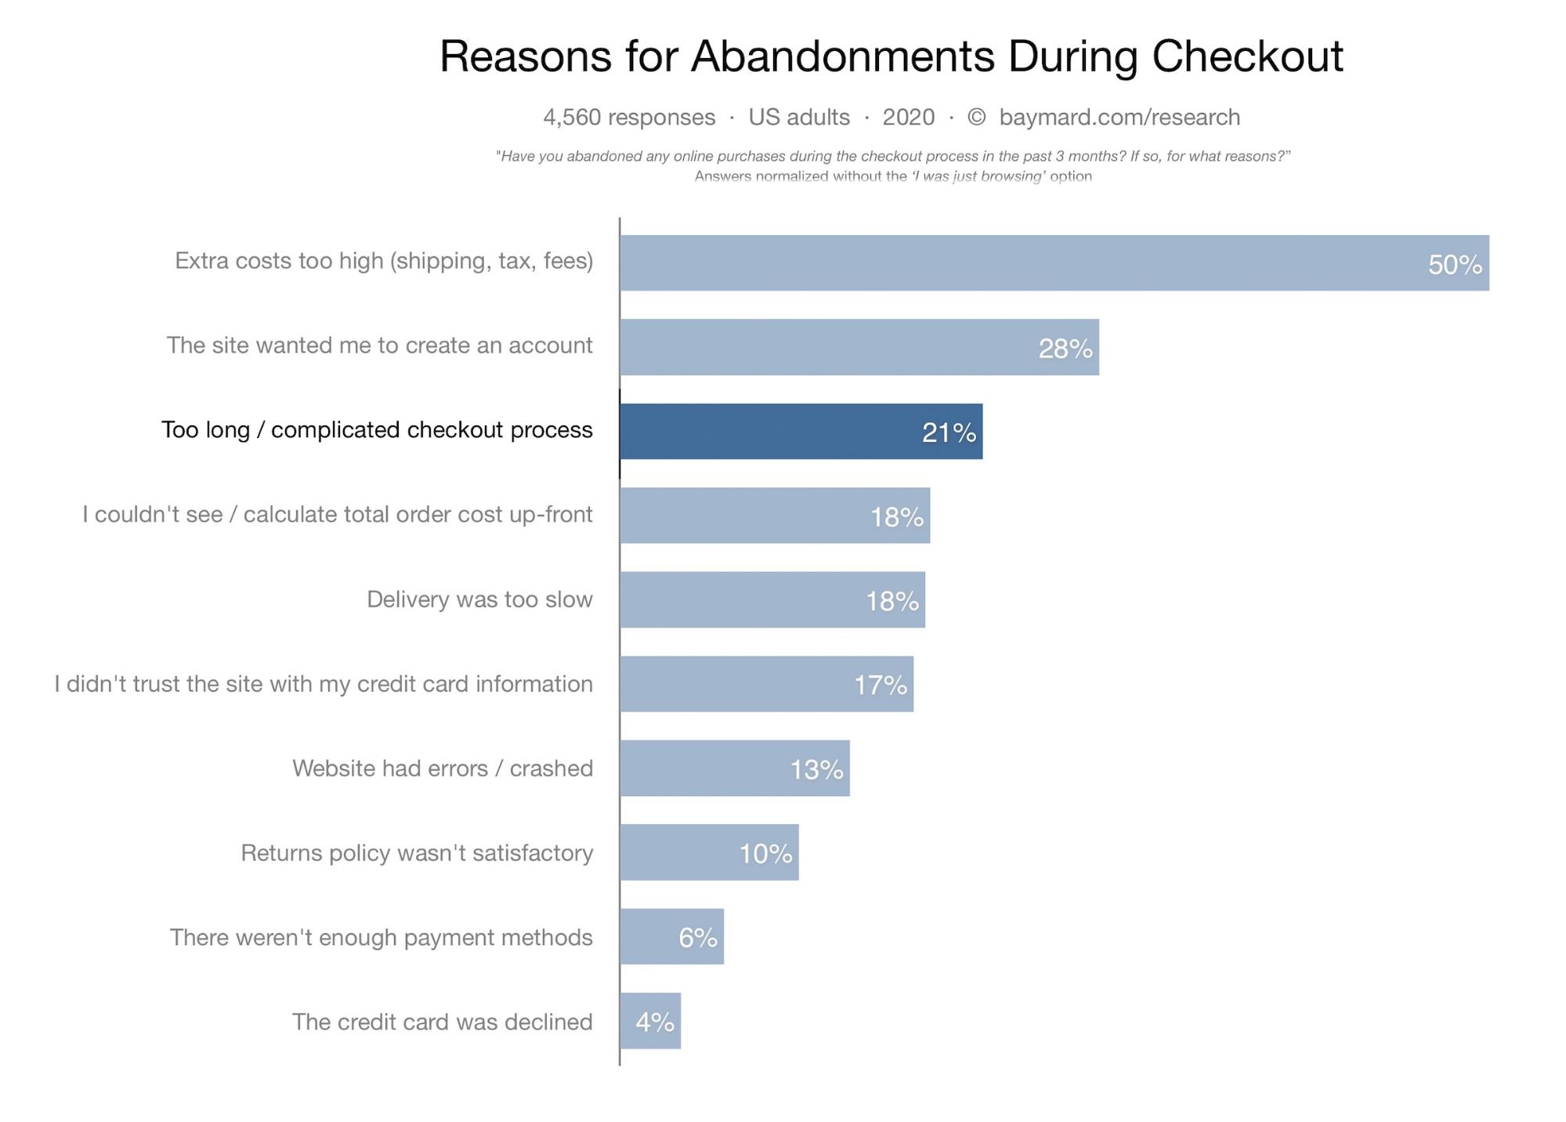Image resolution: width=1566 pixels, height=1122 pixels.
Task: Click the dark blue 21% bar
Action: [801, 432]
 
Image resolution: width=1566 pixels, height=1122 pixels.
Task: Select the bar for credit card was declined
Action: [650, 1021]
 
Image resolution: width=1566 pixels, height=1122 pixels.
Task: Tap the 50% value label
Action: [1455, 265]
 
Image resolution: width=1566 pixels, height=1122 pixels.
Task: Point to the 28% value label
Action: [1065, 349]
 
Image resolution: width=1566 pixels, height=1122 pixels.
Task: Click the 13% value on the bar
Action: [816, 769]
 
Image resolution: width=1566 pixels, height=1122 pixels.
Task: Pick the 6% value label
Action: [697, 937]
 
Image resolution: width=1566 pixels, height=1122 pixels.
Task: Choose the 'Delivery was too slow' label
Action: [479, 599]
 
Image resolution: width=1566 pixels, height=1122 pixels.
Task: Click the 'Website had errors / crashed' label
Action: [443, 768]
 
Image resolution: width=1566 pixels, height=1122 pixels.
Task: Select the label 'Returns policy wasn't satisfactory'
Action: [417, 852]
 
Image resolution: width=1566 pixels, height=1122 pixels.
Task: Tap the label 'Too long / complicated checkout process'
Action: [377, 430]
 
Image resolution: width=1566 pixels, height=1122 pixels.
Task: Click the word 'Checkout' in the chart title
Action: [1247, 56]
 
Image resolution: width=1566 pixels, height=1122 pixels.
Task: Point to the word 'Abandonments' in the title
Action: [842, 56]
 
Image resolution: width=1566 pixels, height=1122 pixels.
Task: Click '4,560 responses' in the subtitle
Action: [629, 118]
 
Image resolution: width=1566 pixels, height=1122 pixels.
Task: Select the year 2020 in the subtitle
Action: [908, 118]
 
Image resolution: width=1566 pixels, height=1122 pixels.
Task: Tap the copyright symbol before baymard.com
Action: [976, 118]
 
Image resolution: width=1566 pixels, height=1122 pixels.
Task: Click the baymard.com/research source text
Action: [1119, 118]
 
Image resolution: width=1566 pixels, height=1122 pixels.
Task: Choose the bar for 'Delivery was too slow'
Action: [772, 599]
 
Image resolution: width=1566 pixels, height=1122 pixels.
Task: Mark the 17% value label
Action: [880, 686]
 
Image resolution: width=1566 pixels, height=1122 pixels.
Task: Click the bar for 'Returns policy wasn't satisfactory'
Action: [709, 852]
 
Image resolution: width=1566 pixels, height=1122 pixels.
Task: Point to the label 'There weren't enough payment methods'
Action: [381, 937]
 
